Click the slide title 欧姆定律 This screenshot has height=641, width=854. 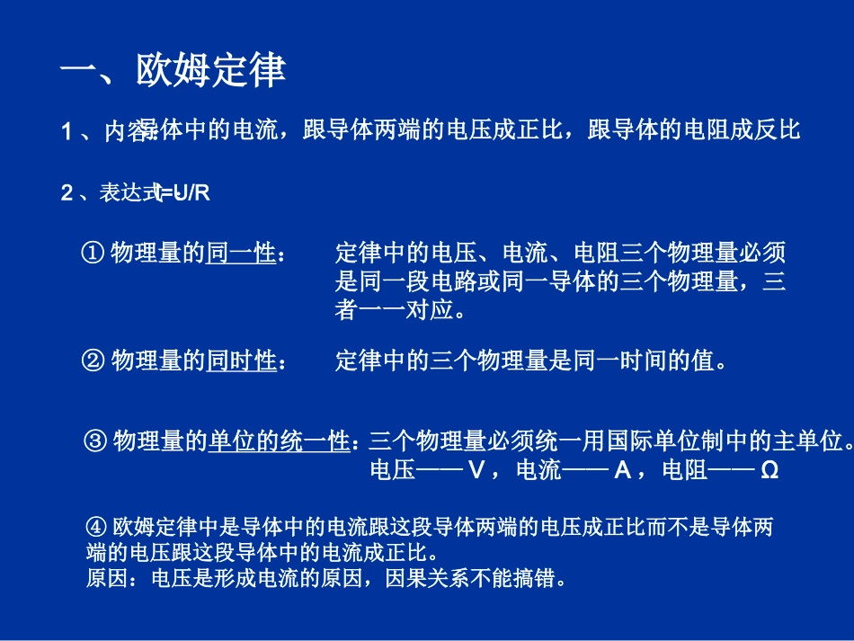point(210,70)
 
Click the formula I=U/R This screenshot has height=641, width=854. point(182,192)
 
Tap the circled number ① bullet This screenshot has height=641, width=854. point(94,254)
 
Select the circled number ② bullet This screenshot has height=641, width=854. point(94,361)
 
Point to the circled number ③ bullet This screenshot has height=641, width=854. point(96,441)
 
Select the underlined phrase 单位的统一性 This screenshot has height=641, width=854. point(279,441)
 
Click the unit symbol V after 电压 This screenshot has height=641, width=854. point(477,470)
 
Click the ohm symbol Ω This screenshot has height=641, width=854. point(769,470)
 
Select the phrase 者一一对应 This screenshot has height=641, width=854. point(394,310)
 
